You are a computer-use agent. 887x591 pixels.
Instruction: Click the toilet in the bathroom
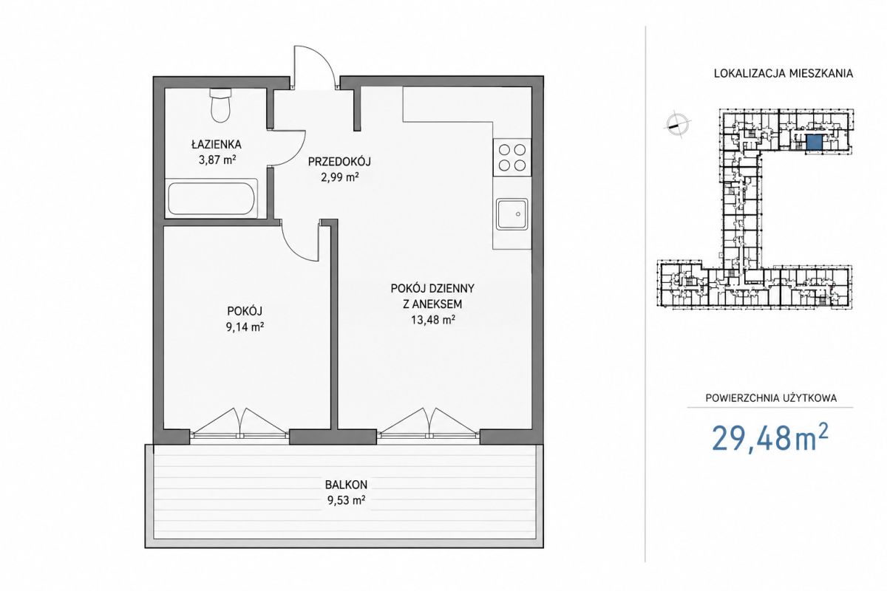tap(220, 104)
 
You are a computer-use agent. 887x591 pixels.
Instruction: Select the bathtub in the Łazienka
tap(211, 198)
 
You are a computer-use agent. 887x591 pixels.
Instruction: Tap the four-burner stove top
tap(512, 157)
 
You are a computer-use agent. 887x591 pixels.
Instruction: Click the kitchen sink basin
tap(512, 213)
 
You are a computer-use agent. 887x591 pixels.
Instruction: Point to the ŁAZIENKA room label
tap(216, 145)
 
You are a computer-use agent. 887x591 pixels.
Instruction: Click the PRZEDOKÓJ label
tap(339, 162)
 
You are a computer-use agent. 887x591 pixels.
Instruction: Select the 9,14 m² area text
tap(245, 327)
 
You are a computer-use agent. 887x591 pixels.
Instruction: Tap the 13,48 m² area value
tap(432, 319)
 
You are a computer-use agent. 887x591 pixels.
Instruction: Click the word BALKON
tap(346, 485)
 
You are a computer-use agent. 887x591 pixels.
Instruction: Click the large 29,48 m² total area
tap(770, 438)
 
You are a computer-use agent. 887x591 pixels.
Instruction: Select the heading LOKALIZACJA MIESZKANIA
tap(784, 74)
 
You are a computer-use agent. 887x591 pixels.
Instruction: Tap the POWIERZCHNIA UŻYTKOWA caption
tap(771, 398)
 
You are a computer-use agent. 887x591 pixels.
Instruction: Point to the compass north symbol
tap(678, 124)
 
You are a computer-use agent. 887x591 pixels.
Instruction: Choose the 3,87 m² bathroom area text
tap(217, 160)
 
